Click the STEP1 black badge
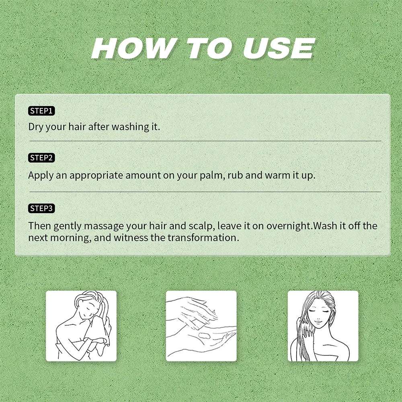(41, 111)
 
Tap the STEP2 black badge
(41, 158)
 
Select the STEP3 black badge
(41, 208)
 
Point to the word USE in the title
(279, 48)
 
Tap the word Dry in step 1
(36, 127)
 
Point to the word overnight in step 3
(288, 226)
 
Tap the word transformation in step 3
(203, 238)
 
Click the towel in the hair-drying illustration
(97, 331)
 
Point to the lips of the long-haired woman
(318, 322)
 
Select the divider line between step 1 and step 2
(205, 141)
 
